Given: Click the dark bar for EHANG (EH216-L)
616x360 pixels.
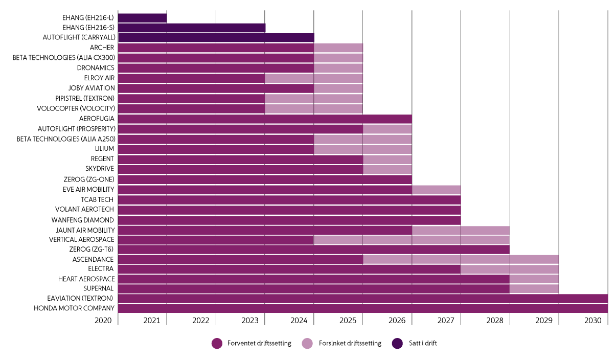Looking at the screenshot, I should [x=142, y=18].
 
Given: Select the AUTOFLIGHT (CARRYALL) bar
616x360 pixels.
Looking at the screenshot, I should [x=216, y=37].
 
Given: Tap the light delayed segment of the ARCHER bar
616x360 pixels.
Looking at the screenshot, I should [x=338, y=48].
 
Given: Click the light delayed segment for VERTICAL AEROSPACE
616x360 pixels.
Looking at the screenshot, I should [x=411, y=239].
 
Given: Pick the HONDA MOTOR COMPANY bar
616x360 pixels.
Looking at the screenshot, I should [x=362, y=308].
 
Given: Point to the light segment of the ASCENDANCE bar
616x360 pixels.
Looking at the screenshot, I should [x=460, y=259].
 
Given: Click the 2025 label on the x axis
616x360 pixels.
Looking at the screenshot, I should [x=348, y=321].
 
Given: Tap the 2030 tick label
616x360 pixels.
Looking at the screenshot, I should [x=593, y=321].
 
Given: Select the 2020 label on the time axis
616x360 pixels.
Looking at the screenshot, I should [x=103, y=321].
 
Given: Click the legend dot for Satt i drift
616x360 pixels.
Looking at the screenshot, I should [x=397, y=344].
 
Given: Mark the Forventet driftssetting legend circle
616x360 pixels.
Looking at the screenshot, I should [x=217, y=344].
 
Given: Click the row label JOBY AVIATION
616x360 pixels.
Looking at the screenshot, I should [x=92, y=88].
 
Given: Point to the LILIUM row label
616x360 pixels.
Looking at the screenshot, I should [x=104, y=148].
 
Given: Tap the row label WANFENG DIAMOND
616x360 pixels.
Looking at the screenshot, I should [x=83, y=219].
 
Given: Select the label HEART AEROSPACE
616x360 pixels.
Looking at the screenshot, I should [x=86, y=279].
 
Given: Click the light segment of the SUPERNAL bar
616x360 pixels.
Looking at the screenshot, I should [x=534, y=288].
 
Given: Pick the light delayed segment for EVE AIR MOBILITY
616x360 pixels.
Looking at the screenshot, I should [x=436, y=189].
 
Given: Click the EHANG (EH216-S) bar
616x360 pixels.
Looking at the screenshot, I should [x=192, y=28].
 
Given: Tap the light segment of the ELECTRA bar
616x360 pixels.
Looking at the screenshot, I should [x=509, y=268].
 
